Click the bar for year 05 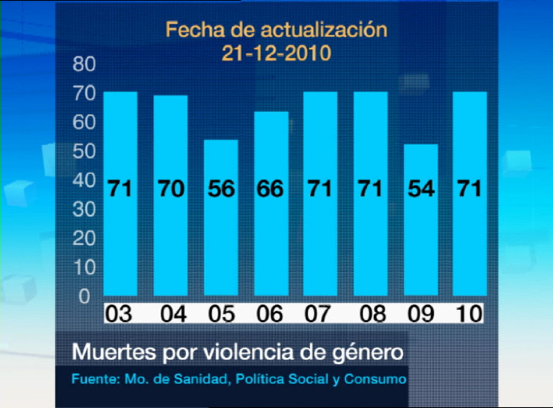coord(221,217)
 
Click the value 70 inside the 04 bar coord(171,188)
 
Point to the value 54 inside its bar coord(421,188)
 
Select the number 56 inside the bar coord(221,188)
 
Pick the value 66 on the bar coord(270,188)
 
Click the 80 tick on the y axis coord(84,64)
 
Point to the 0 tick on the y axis coord(84,296)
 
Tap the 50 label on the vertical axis coord(84,152)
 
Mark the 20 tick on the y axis coord(84,238)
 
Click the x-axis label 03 coord(119,314)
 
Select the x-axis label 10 coord(469,314)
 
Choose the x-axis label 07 coord(318,314)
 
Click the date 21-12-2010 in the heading coord(276,54)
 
